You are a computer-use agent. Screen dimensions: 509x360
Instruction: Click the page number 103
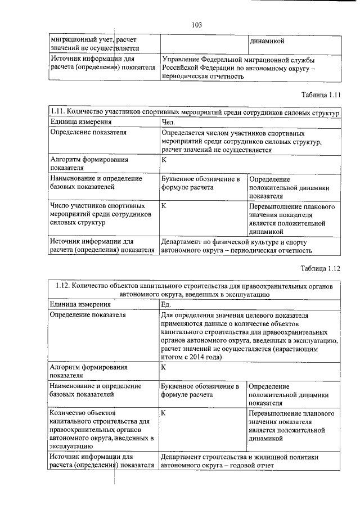[x=196, y=25]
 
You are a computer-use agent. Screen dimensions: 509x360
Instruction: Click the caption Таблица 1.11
[x=321, y=94]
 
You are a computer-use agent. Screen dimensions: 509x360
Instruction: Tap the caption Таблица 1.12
[x=321, y=268]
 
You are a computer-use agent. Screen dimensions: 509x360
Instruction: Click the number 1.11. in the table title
[x=60, y=112]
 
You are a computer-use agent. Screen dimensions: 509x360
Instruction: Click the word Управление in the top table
[x=182, y=59]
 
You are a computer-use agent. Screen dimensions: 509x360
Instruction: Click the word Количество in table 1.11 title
[x=93, y=112]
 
